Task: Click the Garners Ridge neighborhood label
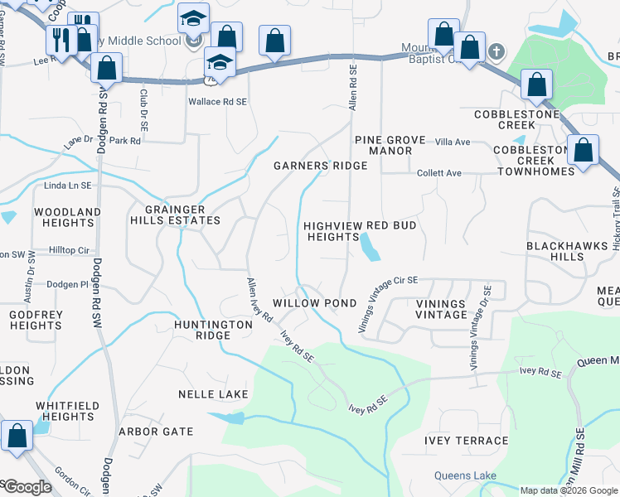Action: [320, 166]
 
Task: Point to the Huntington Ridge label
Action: [213, 331]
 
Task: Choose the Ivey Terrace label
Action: [467, 441]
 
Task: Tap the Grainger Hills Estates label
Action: [175, 215]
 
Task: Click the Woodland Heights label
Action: [67, 217]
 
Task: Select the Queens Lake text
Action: [465, 475]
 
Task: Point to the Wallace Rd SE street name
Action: [217, 100]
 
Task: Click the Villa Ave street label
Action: [453, 142]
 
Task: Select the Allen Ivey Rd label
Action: [259, 300]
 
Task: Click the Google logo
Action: [27, 487]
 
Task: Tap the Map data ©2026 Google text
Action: [569, 490]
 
